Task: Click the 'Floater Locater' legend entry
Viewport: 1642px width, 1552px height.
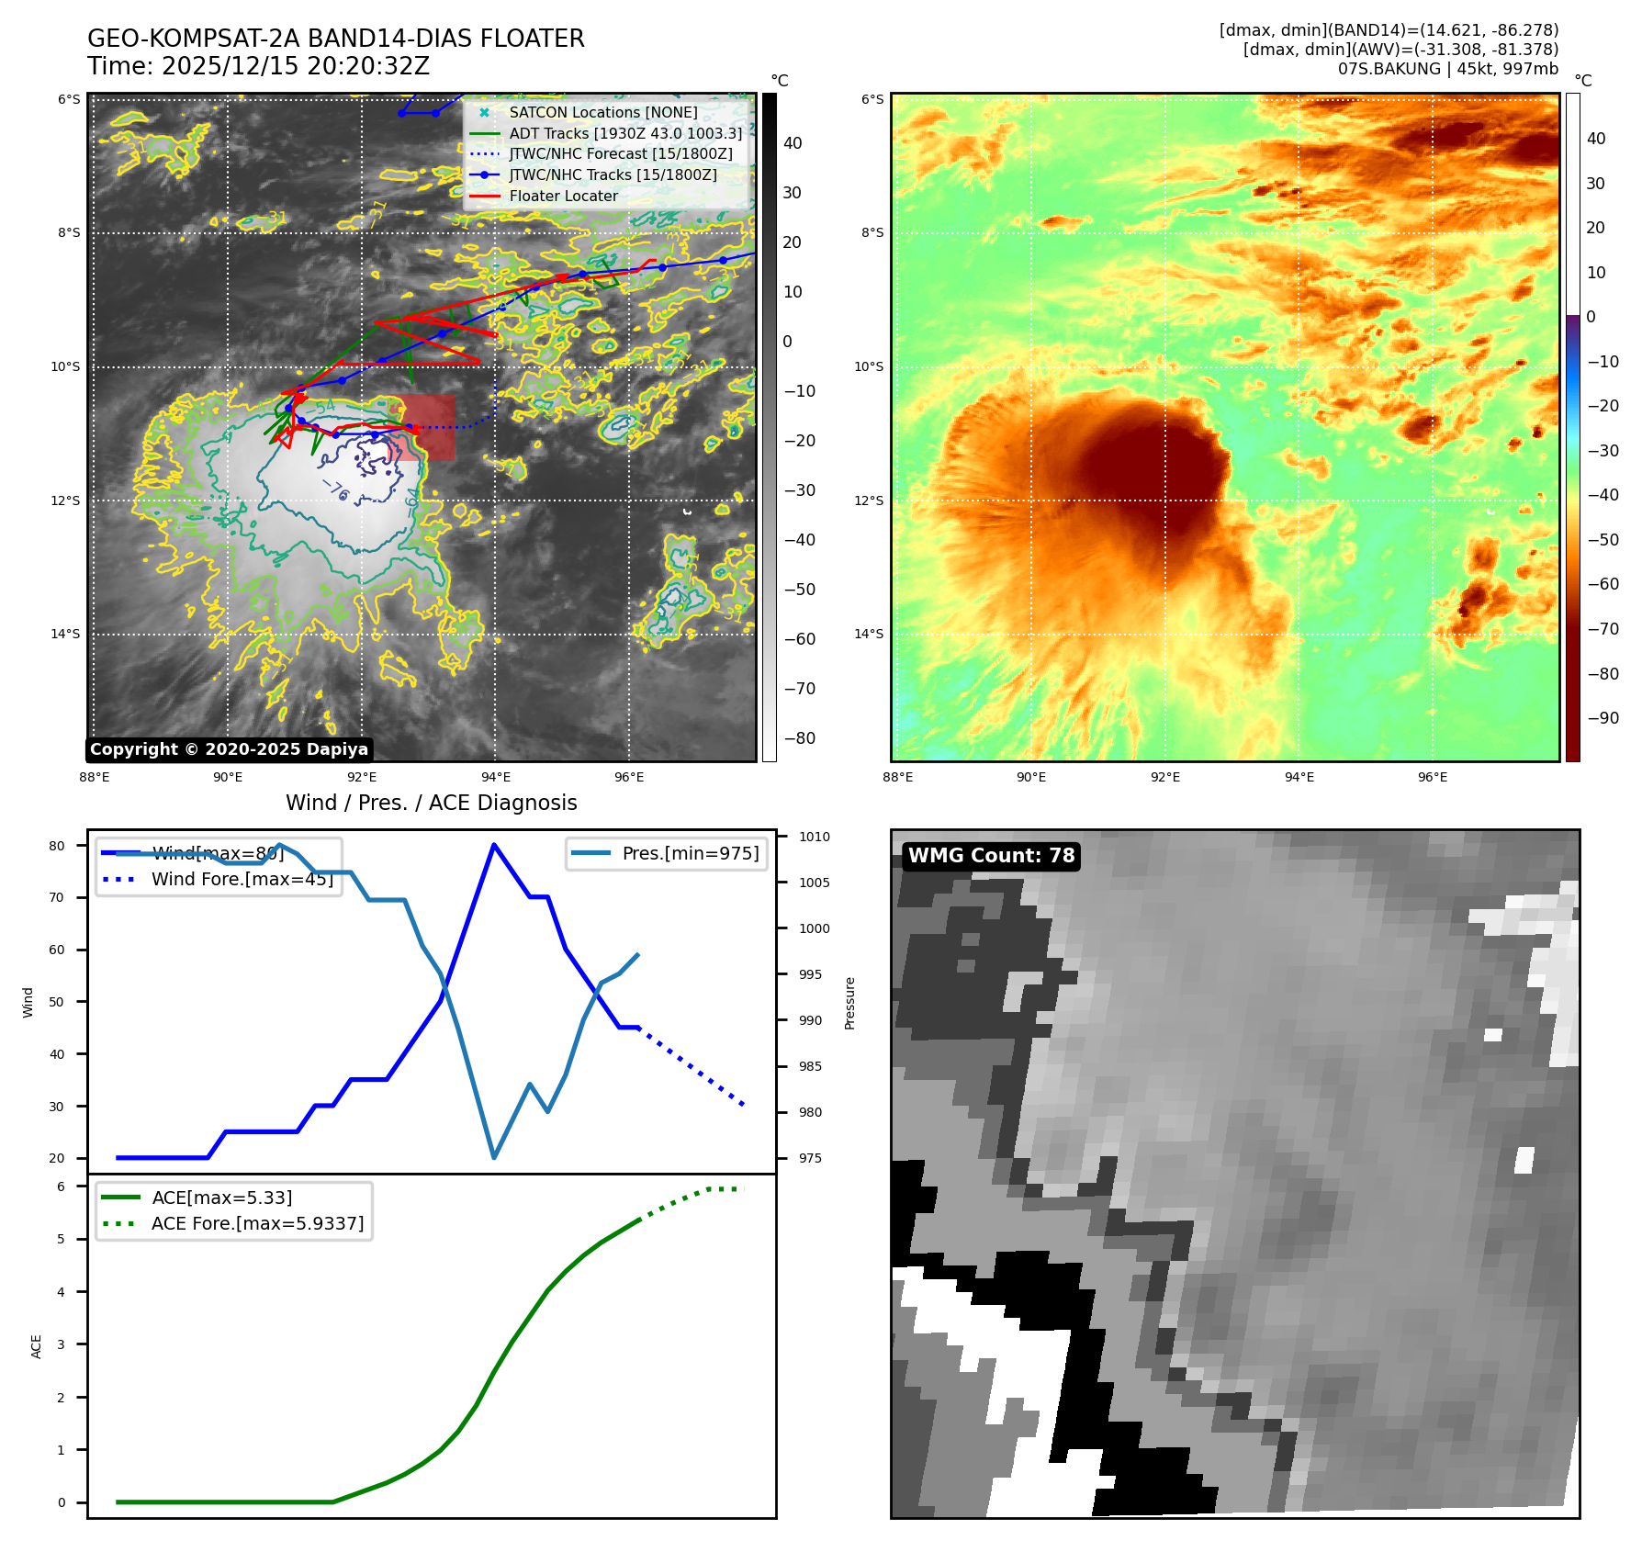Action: point(563,196)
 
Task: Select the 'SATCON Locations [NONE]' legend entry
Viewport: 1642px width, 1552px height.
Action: point(602,112)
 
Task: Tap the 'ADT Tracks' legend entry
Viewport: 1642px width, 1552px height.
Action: point(624,133)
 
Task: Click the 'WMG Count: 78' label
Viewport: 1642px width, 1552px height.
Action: point(991,856)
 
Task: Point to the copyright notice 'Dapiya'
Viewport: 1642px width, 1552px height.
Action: point(229,749)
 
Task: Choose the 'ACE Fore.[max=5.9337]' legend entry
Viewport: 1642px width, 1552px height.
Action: point(257,1223)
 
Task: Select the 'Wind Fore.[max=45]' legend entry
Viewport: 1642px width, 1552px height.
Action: point(242,879)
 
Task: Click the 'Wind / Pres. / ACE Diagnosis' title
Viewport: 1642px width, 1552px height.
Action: point(431,803)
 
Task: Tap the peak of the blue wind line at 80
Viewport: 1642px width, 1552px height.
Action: point(494,845)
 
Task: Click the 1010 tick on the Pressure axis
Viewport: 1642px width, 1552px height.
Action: point(814,837)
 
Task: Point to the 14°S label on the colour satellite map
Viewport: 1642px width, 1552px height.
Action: point(869,634)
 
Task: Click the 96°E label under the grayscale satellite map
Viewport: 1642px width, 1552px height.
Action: point(629,777)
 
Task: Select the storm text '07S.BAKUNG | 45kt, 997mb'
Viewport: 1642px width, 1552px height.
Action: point(1447,69)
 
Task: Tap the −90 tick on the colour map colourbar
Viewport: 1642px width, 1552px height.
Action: point(1603,718)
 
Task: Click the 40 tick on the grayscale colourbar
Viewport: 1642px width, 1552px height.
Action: point(793,143)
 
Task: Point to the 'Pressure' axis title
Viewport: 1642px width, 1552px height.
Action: point(849,1003)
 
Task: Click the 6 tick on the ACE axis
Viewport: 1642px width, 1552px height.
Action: point(62,1186)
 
